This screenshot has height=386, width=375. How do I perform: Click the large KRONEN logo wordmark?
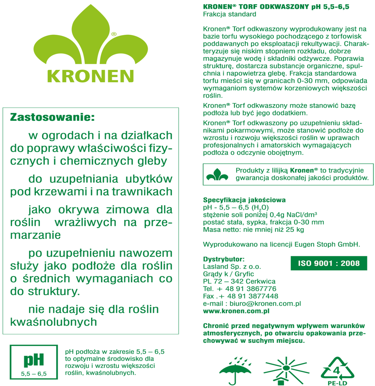pos(90,76)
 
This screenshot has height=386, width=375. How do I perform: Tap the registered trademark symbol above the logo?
pos(114,34)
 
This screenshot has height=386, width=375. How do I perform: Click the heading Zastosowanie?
pos(52,117)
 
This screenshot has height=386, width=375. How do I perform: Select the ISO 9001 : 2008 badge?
pos(328,263)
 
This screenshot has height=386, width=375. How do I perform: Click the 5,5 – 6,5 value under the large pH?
pos(34,374)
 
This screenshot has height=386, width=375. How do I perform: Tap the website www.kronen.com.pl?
pos(236,311)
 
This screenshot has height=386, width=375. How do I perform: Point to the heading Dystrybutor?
pos(224,259)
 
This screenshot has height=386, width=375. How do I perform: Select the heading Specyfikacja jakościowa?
pos(244,200)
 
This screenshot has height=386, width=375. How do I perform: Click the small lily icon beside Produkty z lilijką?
pos(217,174)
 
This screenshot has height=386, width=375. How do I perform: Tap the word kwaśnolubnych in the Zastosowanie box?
pos(53,322)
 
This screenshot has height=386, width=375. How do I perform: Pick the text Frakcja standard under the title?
pos(230,14)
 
